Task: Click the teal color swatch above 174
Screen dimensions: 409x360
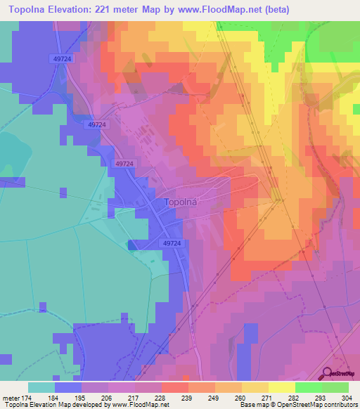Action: pyautogui.click(x=41, y=387)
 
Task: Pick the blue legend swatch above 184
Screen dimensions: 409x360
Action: pyautogui.click(x=68, y=387)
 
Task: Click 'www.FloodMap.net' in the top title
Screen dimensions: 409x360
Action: pyautogui.click(x=218, y=11)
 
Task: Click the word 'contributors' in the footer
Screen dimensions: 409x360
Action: pyautogui.click(x=340, y=405)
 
